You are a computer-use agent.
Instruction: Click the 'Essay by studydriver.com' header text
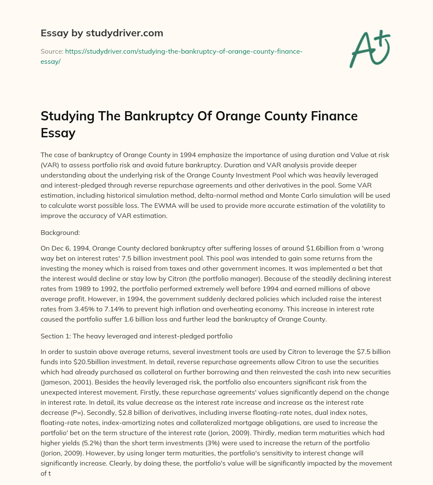pos(101,33)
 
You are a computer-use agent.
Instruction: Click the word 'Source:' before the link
pos(52,51)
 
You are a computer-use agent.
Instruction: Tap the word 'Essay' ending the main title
pos(58,133)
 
